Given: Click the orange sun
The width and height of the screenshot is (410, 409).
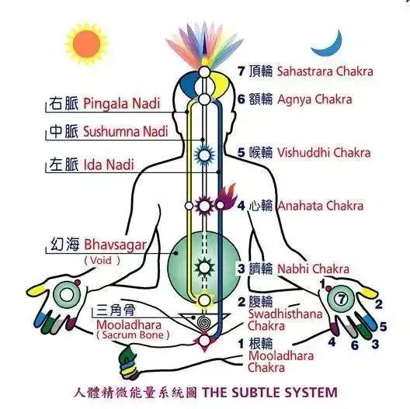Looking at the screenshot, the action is [86, 43].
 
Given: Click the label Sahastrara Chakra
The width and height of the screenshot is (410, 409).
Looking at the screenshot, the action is [325, 71].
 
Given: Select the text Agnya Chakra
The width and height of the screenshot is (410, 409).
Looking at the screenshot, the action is [314, 99].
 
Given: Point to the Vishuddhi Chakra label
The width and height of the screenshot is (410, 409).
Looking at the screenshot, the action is [324, 153].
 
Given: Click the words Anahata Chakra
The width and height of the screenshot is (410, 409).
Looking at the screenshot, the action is [321, 206].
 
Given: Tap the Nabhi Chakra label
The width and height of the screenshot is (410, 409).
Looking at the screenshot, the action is [313, 269].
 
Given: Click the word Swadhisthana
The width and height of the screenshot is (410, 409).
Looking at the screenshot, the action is [285, 314].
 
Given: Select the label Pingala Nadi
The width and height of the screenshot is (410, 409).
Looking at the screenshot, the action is [122, 103].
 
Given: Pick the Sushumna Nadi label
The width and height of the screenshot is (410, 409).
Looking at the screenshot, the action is [126, 131].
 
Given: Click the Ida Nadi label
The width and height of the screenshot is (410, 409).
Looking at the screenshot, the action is [109, 165].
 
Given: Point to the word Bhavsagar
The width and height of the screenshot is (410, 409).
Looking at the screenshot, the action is [115, 245].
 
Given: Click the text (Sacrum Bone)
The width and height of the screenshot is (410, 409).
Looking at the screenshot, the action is [133, 335].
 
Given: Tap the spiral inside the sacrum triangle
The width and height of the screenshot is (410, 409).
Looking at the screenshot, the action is [203, 322].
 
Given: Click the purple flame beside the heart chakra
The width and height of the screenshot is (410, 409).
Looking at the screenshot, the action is [227, 197].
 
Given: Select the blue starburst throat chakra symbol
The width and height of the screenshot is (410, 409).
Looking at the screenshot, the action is [204, 155].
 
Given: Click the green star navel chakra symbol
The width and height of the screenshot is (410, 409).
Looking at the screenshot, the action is [204, 267].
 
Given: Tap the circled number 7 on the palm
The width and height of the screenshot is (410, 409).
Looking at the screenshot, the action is [341, 299].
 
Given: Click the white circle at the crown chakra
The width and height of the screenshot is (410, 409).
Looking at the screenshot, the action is [204, 72].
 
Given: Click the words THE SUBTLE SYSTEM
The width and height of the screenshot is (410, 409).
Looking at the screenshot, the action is [269, 392].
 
